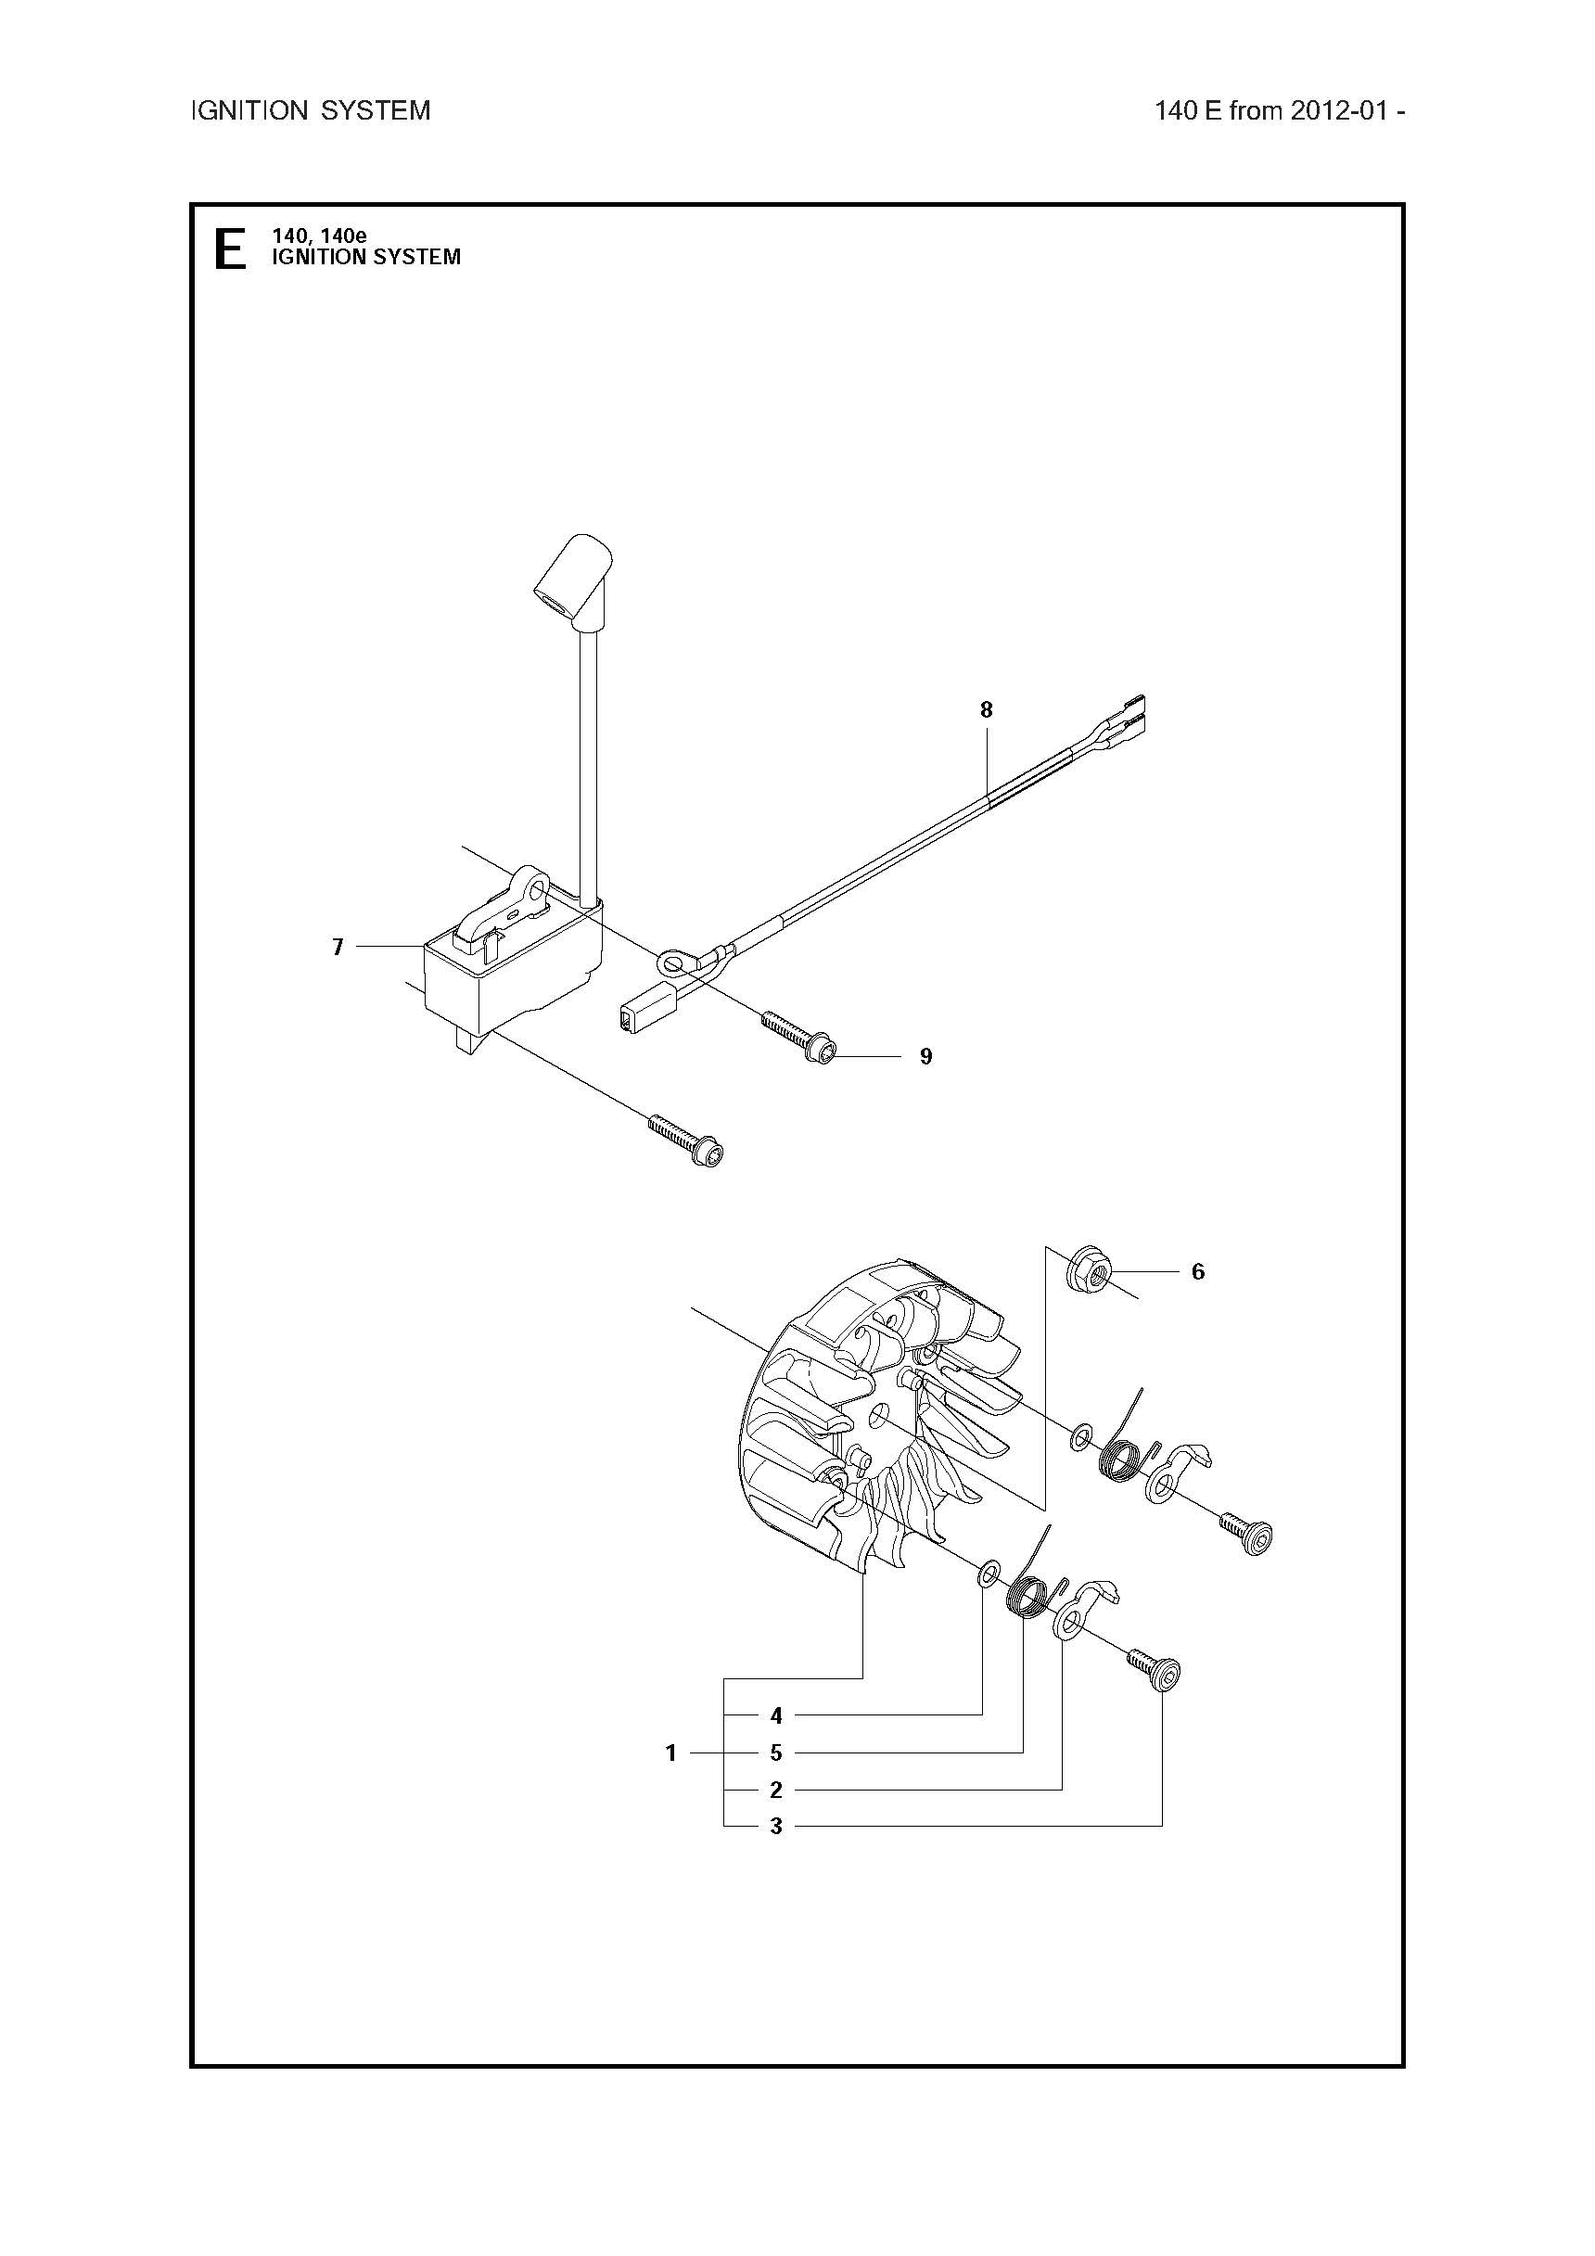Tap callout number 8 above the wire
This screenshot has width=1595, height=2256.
(987, 708)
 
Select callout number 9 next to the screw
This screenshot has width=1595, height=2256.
(925, 1056)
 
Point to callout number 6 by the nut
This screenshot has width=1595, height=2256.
(1198, 1271)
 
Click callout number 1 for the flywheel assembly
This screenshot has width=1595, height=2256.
(671, 1752)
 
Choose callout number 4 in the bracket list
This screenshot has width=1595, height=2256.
(776, 1715)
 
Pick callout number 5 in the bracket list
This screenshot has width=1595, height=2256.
(776, 1752)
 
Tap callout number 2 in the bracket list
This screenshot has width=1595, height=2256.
(776, 1790)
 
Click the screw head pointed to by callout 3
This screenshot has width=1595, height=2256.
(1164, 1673)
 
